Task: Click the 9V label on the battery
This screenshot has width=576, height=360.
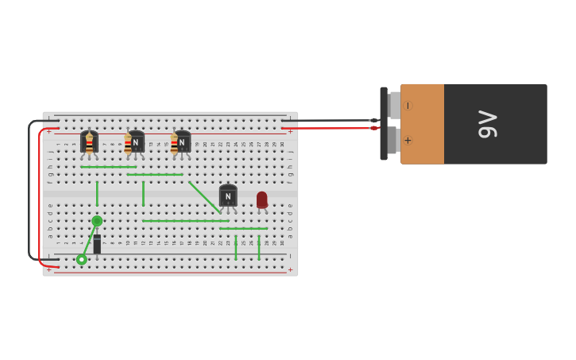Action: [x=487, y=125]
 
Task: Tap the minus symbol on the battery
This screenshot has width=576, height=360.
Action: [x=408, y=106]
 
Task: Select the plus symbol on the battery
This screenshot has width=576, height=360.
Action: [x=408, y=141]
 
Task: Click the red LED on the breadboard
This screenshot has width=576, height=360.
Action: [x=262, y=199]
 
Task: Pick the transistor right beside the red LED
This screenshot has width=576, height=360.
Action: [x=228, y=195]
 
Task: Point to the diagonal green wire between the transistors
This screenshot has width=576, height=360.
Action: [x=204, y=197]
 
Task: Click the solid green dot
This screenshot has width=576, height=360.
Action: [x=97, y=221]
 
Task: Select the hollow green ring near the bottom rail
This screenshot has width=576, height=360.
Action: [x=82, y=259]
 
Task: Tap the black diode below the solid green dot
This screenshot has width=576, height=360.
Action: [x=97, y=244]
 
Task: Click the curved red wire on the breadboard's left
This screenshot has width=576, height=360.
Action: [x=39, y=199]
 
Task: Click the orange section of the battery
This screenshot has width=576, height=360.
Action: [x=422, y=124]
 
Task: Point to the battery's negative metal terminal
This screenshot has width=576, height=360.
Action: [x=394, y=105]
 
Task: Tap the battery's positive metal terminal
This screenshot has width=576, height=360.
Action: [x=393, y=141]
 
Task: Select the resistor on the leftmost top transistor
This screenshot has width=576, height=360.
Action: [x=89, y=145]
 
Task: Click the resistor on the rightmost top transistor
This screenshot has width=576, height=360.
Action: [x=174, y=145]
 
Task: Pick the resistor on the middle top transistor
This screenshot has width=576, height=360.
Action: [x=128, y=145]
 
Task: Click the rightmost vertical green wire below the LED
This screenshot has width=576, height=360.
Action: [x=259, y=246]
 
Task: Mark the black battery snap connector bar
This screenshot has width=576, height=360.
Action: [x=384, y=123]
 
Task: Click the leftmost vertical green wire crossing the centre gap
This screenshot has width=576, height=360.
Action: [x=97, y=193]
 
